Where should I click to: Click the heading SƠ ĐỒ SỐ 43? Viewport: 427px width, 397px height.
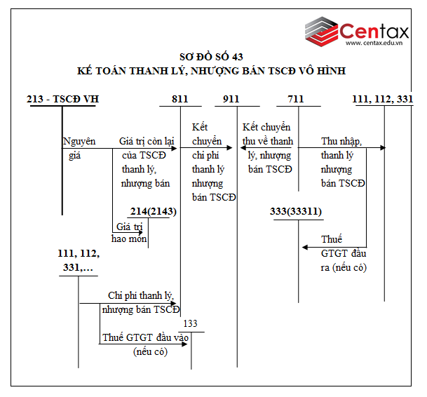click(x=211, y=57)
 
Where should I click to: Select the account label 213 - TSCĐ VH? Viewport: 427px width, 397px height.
click(x=62, y=99)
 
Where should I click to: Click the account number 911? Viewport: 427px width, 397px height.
click(x=231, y=99)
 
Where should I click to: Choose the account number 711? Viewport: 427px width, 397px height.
click(x=295, y=99)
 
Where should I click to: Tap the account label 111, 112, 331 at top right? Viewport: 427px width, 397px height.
click(x=382, y=99)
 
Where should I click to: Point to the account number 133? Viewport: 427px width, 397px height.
click(x=190, y=323)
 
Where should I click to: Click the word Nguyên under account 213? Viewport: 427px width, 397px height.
click(x=79, y=141)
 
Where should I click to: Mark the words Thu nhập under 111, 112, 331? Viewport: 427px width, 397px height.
click(x=341, y=141)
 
